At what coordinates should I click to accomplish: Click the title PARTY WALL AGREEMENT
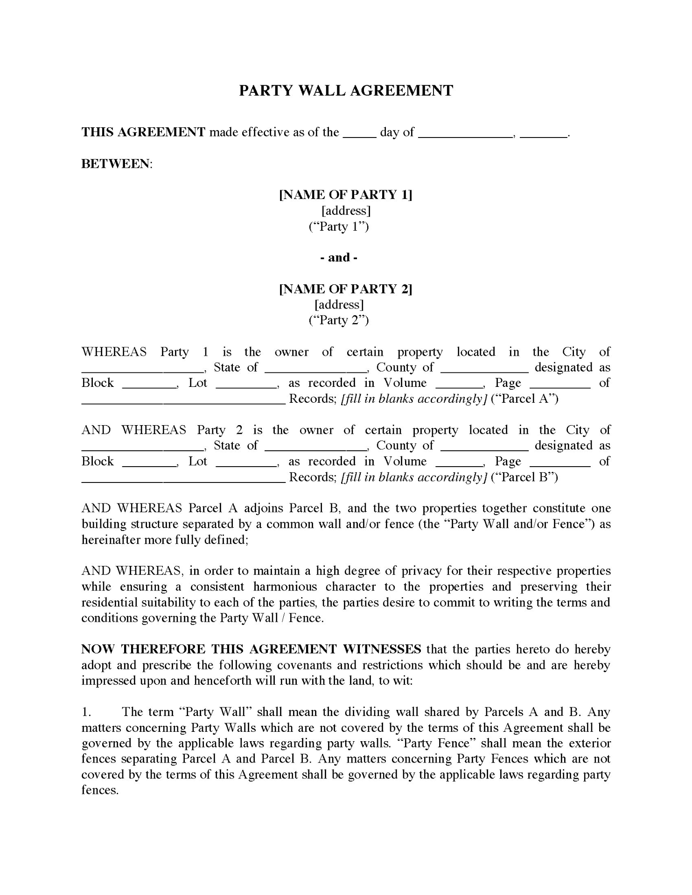(x=346, y=90)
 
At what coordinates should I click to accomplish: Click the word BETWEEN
(x=116, y=164)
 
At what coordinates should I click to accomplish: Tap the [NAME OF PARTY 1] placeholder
(x=346, y=195)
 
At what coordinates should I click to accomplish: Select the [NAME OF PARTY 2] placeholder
(x=346, y=289)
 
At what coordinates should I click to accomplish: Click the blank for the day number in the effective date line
(x=360, y=133)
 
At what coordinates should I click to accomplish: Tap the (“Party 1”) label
(x=339, y=227)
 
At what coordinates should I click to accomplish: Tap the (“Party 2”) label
(x=339, y=320)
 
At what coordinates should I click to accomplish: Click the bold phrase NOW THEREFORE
(x=144, y=649)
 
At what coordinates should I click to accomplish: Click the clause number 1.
(x=86, y=712)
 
